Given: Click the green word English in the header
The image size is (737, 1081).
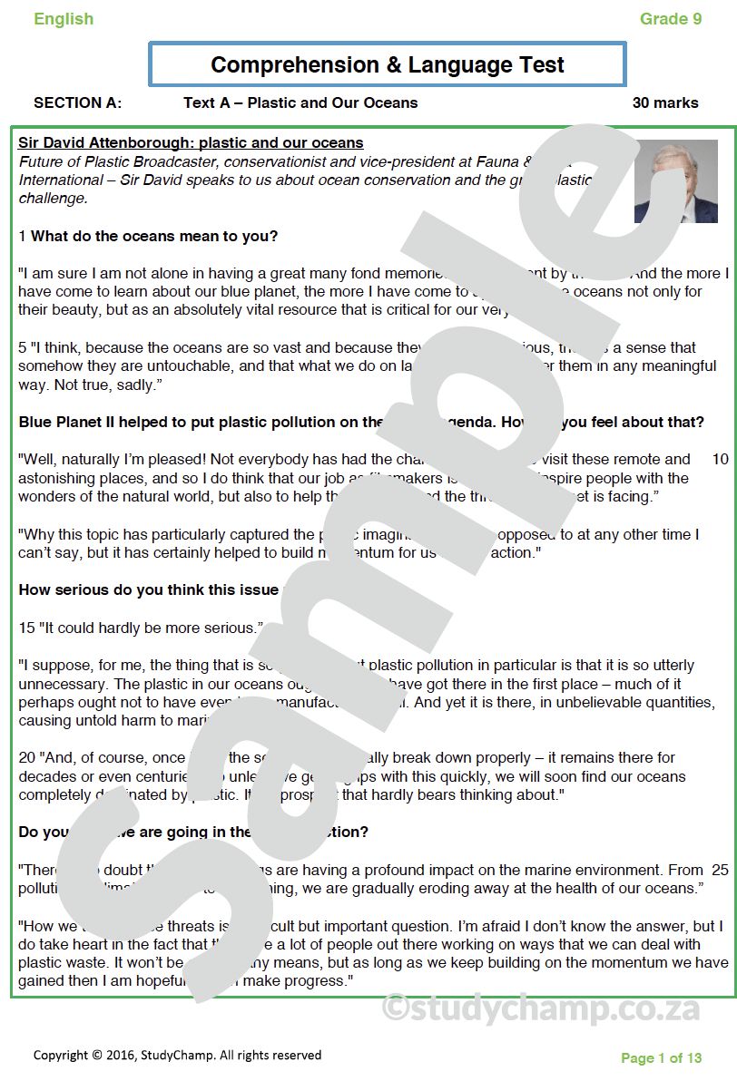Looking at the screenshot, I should (64, 19).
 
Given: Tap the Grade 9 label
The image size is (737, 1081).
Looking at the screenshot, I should (670, 19).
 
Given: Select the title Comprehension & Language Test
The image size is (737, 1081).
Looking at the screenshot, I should (388, 65).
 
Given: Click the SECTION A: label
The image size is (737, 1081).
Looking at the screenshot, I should (78, 103).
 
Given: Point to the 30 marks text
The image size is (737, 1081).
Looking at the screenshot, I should (665, 103).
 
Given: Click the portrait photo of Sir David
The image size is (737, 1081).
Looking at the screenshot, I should (675, 181).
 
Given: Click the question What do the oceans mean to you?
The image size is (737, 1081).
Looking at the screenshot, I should (154, 237).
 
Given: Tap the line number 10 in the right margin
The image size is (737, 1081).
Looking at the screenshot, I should (720, 460).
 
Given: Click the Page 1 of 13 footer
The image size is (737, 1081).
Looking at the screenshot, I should (661, 1058).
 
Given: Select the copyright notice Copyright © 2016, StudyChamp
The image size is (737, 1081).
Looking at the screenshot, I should (177, 1056).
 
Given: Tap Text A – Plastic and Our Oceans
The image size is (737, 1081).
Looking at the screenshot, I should (300, 103).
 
